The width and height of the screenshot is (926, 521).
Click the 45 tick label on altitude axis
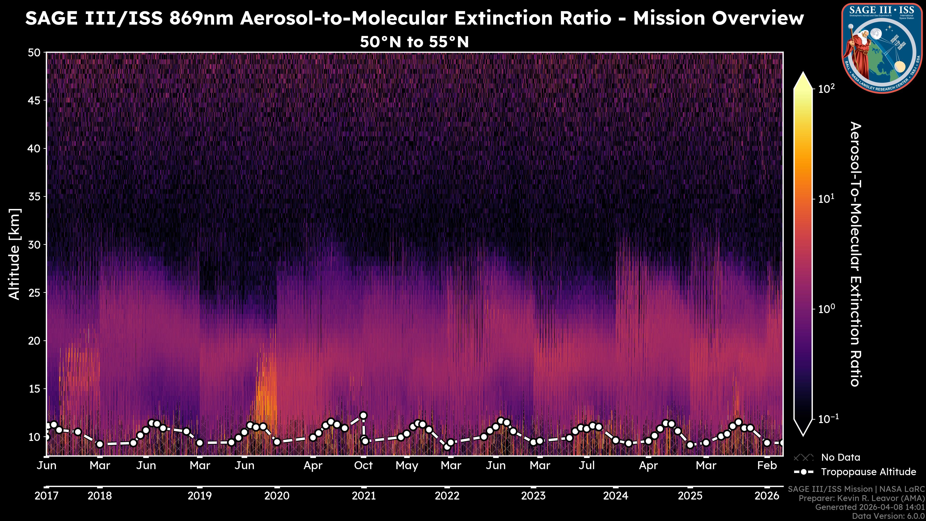click(x=34, y=101)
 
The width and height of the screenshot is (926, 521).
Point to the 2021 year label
click(x=363, y=496)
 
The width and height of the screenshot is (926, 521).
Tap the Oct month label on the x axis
click(x=363, y=466)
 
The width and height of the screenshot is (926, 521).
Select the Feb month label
click(x=767, y=466)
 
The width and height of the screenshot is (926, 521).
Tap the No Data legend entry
click(x=840, y=457)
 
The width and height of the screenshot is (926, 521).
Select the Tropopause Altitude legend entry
click(x=868, y=472)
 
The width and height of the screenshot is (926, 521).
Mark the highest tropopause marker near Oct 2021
click(x=363, y=415)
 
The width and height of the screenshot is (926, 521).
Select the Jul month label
click(x=587, y=466)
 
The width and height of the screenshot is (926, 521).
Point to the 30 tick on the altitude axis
click(x=34, y=245)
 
